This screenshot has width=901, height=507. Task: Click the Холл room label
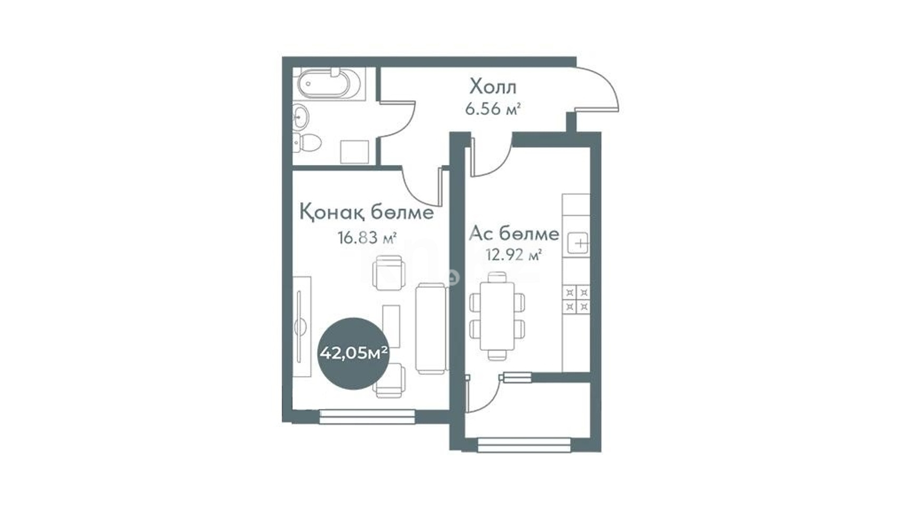tap(493, 87)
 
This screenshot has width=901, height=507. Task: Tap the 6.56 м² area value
tap(493, 109)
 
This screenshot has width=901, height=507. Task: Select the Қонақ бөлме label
tap(367, 212)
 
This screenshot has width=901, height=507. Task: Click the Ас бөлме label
tap(514, 233)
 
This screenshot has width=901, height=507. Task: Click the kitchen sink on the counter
tap(578, 242)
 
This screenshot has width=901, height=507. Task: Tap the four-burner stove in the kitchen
tap(576, 299)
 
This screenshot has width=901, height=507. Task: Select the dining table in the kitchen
tap(497, 316)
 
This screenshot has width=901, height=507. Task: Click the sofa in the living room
tap(432, 328)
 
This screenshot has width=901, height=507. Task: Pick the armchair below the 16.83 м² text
tap(389, 272)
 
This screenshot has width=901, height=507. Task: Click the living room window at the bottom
tap(367, 417)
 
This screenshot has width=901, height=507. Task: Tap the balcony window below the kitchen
tap(524, 445)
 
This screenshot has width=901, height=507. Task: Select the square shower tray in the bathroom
tap(355, 152)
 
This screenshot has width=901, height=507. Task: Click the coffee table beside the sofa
tap(391, 326)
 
